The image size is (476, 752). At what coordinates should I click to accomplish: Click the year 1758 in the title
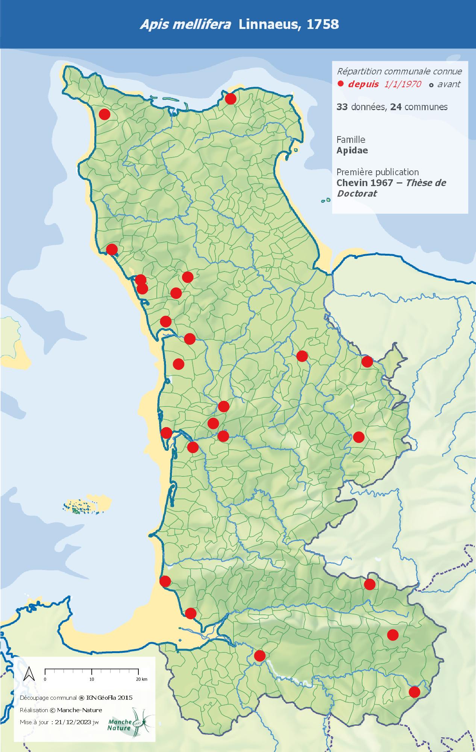pyautogui.click(x=323, y=24)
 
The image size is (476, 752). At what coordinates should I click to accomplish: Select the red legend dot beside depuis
pyautogui.click(x=341, y=84)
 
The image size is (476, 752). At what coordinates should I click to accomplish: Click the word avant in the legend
pyautogui.click(x=449, y=84)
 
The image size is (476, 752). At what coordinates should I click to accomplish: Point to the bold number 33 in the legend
pyautogui.click(x=342, y=107)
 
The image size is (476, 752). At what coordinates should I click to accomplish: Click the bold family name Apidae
pyautogui.click(x=352, y=150)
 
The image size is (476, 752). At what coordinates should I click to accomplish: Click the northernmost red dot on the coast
pyautogui.click(x=230, y=99)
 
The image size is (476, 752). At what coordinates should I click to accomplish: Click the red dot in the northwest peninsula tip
pyautogui.click(x=104, y=114)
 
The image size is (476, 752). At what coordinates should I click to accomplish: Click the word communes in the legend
pyautogui.click(x=426, y=107)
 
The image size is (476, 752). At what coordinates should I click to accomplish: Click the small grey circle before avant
pyautogui.click(x=431, y=85)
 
